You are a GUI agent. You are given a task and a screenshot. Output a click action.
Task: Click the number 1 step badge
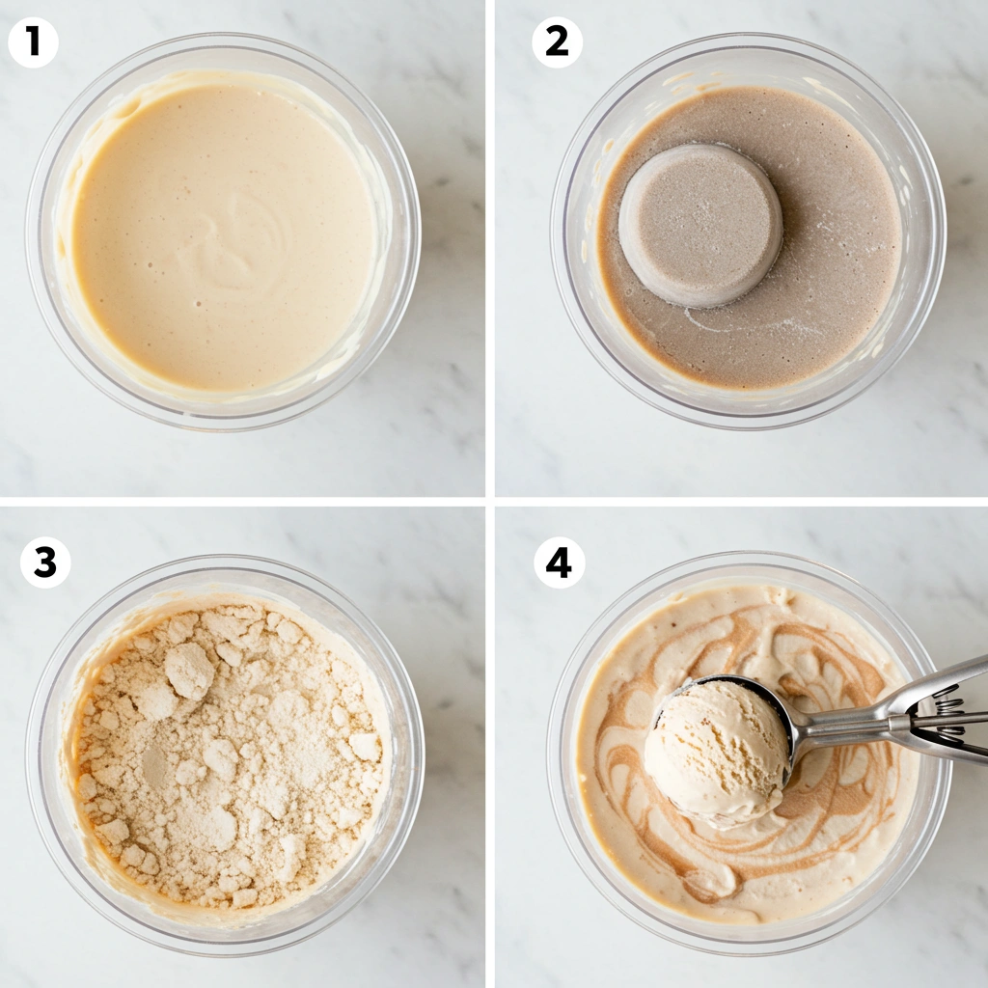pyautogui.click(x=33, y=42)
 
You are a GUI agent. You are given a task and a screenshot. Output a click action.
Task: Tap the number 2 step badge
pyautogui.click(x=557, y=42)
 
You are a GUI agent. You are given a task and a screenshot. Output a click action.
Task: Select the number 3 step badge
pyautogui.click(x=44, y=563)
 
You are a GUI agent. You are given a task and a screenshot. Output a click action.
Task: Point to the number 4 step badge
pyautogui.click(x=559, y=563)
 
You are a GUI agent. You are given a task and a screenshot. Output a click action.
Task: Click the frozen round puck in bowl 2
pyautogui.click(x=700, y=224)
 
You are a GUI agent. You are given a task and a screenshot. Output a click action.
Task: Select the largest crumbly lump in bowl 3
pyautogui.click(x=188, y=671)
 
